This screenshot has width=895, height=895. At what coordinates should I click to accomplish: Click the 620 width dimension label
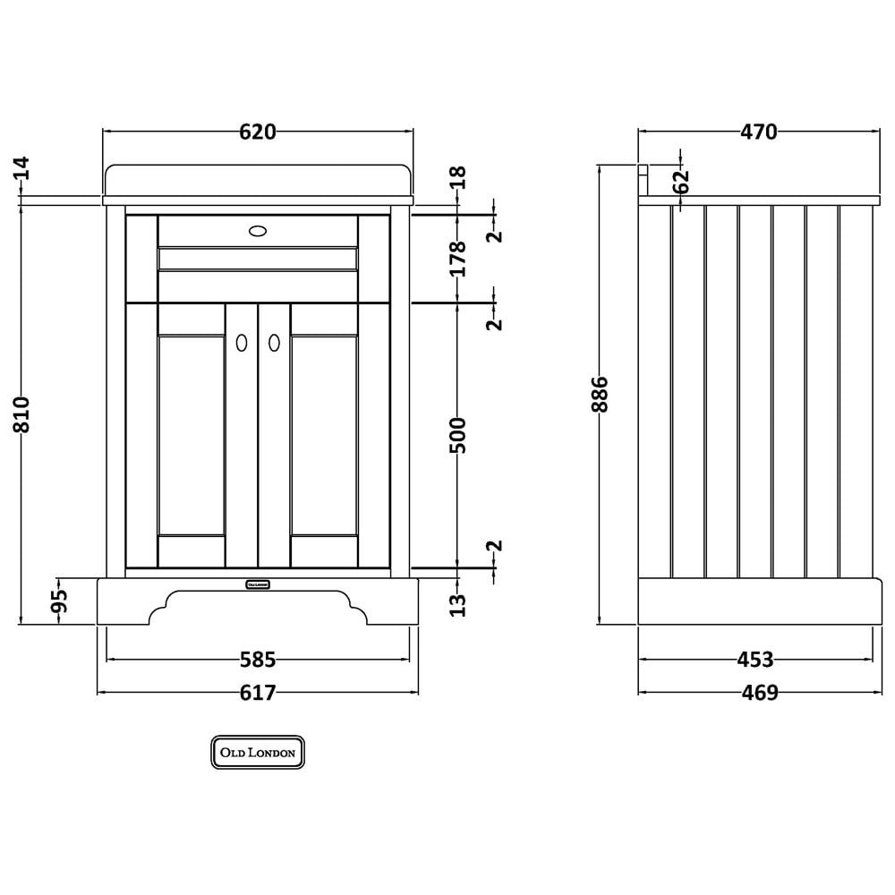point(258,132)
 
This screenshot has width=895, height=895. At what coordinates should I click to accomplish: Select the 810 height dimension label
point(21,414)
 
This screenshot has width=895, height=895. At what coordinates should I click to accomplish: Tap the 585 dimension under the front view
point(258,660)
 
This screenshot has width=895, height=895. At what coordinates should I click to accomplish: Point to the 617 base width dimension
point(258,693)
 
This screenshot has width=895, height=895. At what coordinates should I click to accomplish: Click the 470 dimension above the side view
point(759,132)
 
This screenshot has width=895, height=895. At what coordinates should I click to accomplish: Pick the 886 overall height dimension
point(600,394)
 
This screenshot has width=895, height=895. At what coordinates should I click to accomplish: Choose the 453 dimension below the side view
point(755,660)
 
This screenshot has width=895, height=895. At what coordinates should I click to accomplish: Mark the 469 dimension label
point(760,693)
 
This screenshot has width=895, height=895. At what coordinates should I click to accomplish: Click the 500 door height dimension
point(457,436)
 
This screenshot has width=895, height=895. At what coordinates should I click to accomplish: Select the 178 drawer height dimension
point(457,259)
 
